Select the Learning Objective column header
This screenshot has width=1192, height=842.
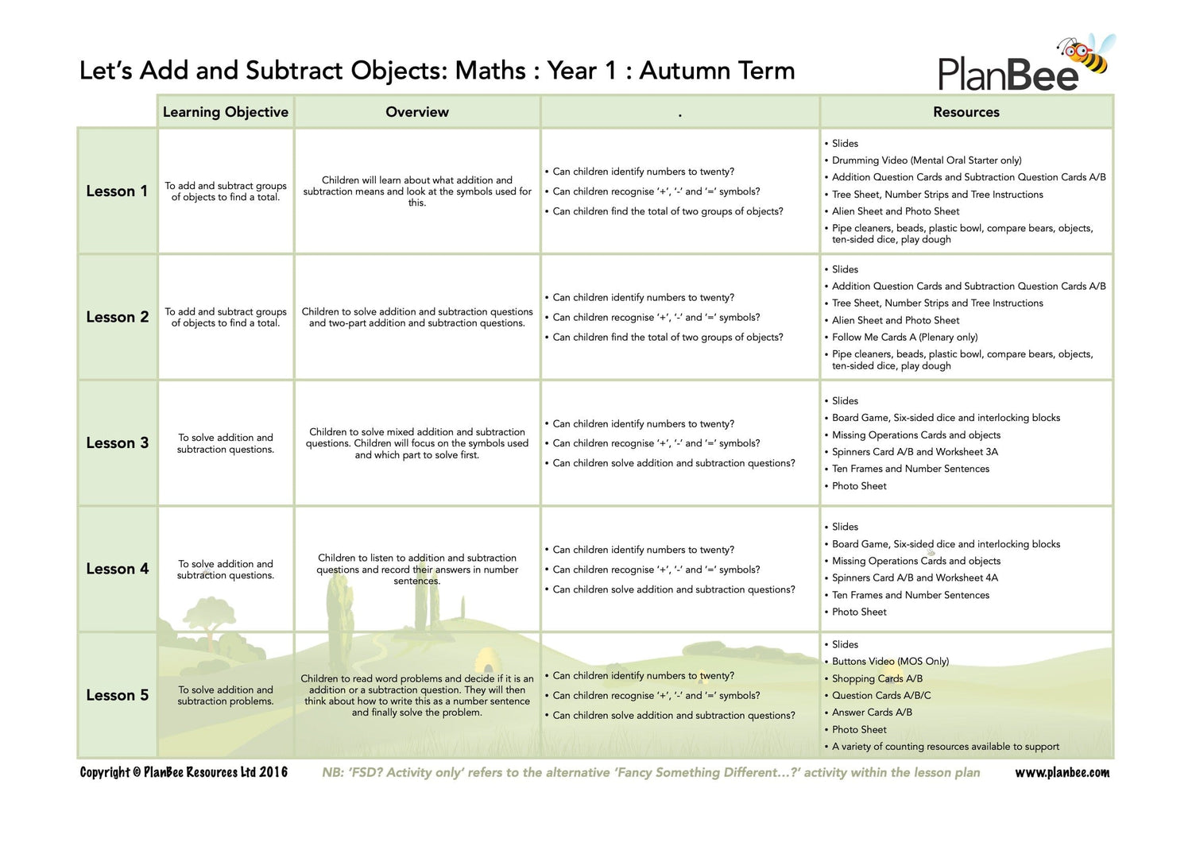pyautogui.click(x=226, y=112)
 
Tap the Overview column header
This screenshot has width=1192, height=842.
pyautogui.click(x=417, y=112)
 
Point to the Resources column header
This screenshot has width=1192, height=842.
pyautogui.click(x=966, y=112)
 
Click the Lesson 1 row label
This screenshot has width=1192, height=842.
pyautogui.click(x=117, y=191)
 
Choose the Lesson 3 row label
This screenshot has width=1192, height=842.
pyautogui.click(x=117, y=443)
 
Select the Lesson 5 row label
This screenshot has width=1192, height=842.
pyautogui.click(x=117, y=695)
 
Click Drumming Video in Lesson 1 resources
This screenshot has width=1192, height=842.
pyautogui.click(x=927, y=160)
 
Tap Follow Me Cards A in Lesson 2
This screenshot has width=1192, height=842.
pyautogui.click(x=904, y=337)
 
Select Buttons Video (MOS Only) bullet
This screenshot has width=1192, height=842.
pyautogui.click(x=890, y=661)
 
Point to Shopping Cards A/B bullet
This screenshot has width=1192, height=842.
pyautogui.click(x=877, y=678)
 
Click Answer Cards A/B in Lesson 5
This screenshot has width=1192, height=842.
pyautogui.click(x=872, y=713)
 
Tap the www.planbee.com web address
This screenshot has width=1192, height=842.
pyautogui.click(x=1062, y=772)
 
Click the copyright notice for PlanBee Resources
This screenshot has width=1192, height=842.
pyautogui.click(x=184, y=772)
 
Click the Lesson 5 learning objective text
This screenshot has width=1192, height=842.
pyautogui.click(x=226, y=695)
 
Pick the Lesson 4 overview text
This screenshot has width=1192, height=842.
pyautogui.click(x=417, y=569)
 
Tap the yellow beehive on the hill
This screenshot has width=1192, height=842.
pyautogui.click(x=483, y=659)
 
